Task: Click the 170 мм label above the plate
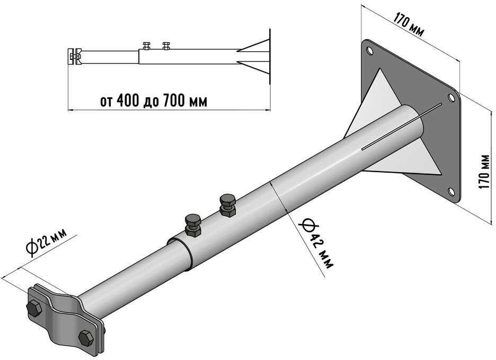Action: click(x=409, y=24)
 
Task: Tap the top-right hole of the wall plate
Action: click(x=451, y=97)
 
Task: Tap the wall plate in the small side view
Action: click(x=269, y=58)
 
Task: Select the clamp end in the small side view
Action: click(x=74, y=56)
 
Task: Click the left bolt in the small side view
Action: click(x=147, y=44)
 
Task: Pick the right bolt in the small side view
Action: click(x=166, y=44)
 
